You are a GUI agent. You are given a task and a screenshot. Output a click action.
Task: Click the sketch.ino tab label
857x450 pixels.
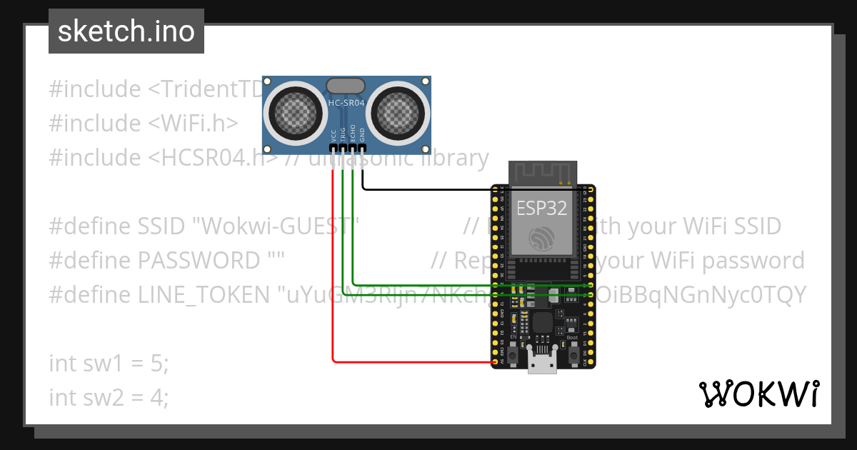pos(126,31)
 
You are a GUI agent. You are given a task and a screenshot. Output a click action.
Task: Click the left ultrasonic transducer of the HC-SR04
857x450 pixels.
pos(293,111)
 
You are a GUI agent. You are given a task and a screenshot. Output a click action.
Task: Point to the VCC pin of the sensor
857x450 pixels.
pos(333,148)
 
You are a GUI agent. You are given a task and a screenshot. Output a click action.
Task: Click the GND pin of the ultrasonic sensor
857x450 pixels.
pos(363,148)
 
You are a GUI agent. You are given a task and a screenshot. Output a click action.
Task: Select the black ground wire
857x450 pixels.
pos(428,189)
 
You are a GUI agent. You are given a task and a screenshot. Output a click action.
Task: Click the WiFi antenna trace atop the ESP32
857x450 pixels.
pos(542,172)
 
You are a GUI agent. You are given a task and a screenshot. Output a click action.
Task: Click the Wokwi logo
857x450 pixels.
pos(758,394)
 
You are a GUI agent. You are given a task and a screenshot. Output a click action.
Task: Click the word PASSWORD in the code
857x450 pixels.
pos(199,261)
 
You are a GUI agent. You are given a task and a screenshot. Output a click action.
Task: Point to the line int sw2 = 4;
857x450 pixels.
pos(109,397)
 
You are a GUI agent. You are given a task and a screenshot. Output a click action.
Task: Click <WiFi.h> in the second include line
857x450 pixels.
pos(194,124)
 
